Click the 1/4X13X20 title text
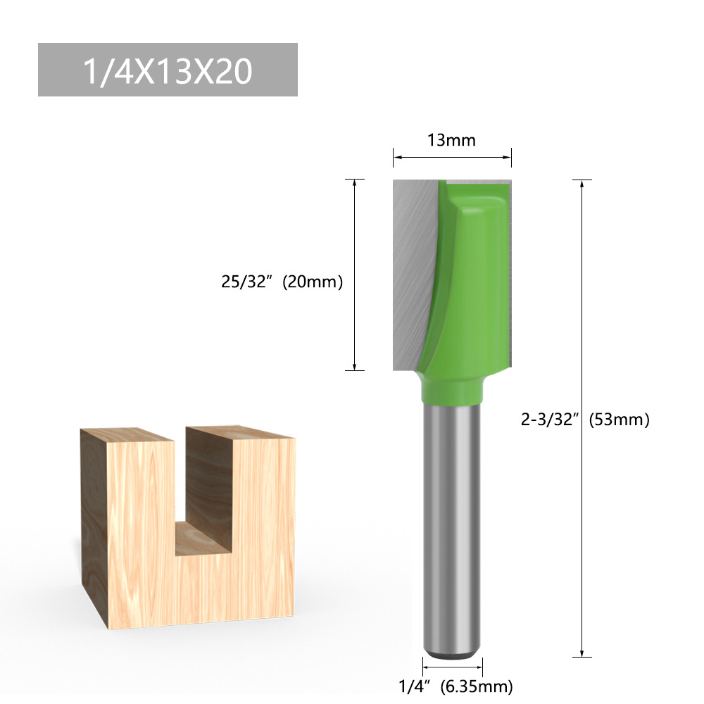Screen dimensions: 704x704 168,71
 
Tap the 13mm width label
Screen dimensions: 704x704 451,140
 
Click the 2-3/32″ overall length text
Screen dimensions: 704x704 550,420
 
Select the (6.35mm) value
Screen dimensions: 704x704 476,685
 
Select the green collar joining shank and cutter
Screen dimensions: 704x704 451,388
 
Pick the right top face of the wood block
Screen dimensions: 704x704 239,432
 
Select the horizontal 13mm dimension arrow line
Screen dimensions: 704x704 451,157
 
